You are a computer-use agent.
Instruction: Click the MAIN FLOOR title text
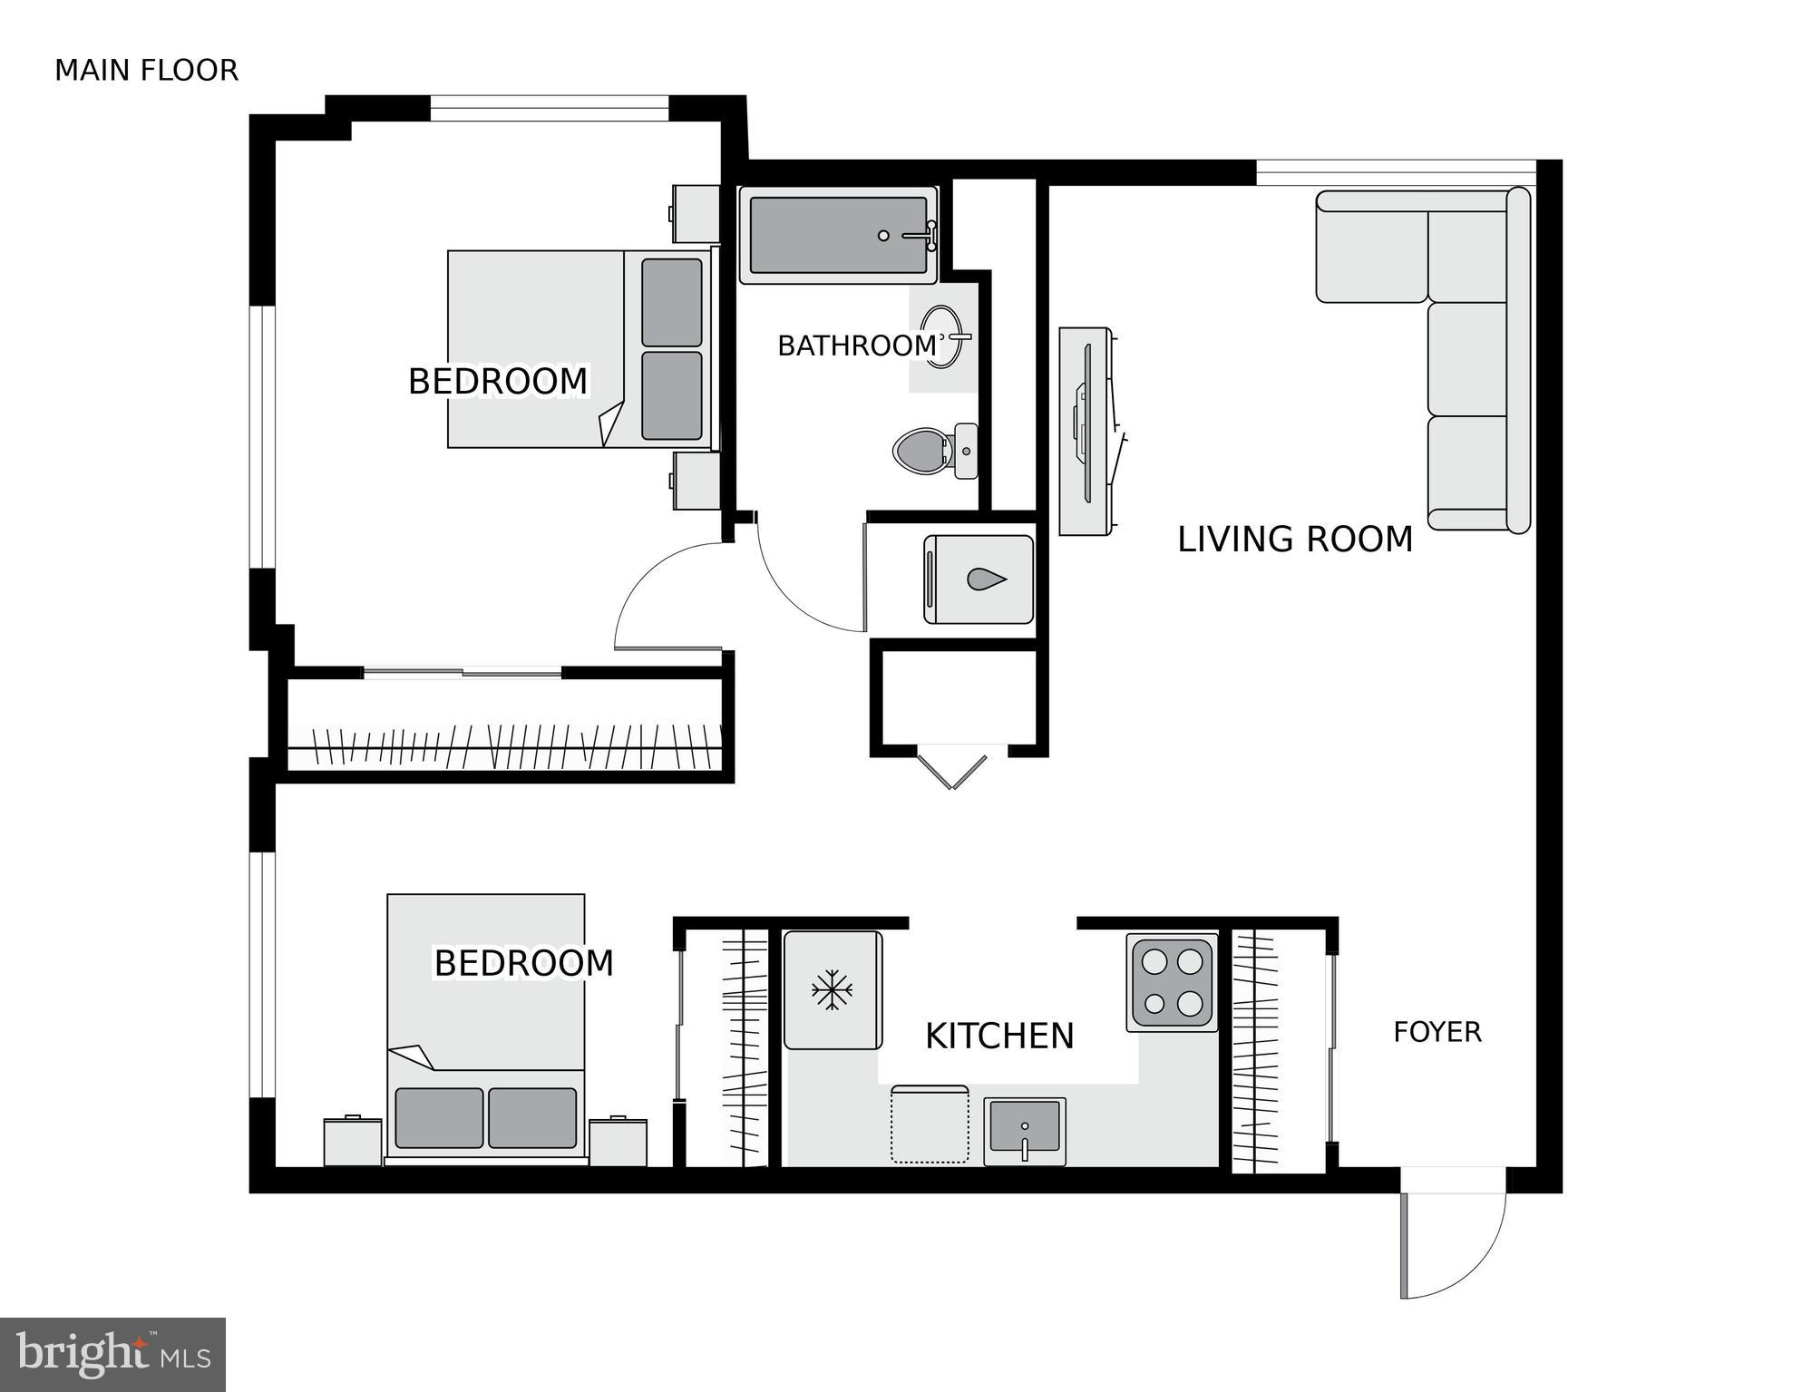[146, 71]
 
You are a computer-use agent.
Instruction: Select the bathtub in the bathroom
[838, 235]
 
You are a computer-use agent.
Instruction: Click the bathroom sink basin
[941, 336]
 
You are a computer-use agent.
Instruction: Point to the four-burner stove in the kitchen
[1171, 982]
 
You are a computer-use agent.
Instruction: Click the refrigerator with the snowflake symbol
[832, 989]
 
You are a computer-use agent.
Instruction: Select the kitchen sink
[1025, 1129]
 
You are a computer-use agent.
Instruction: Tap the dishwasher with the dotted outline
[929, 1124]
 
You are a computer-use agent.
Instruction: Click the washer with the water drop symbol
[979, 579]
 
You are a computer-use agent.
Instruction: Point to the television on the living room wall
[1086, 431]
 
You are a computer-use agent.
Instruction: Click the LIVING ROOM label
[1294, 540]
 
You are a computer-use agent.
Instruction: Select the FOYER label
[1437, 1032]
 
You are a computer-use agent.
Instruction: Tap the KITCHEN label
[998, 1037]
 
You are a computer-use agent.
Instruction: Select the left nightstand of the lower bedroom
[353, 1142]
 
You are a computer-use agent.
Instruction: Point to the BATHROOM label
[857, 346]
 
